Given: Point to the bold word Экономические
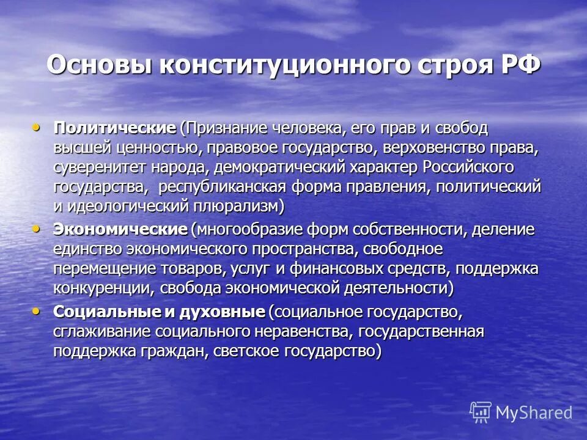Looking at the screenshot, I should (x=120, y=230).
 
